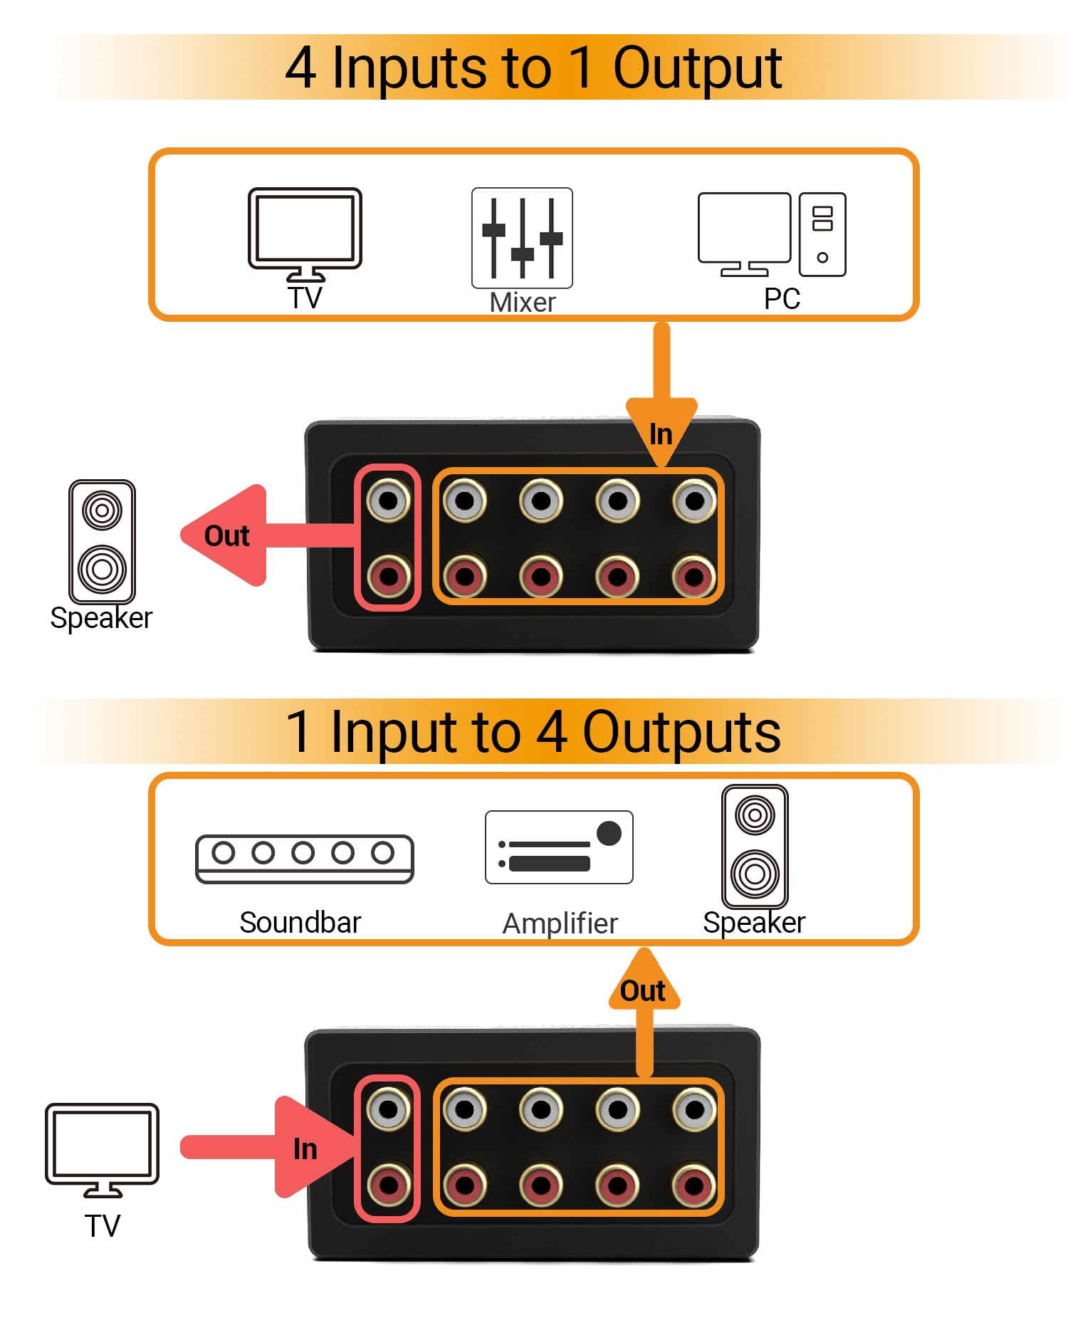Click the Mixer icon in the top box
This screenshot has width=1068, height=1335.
[522, 238]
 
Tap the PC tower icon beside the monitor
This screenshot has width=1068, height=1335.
[822, 234]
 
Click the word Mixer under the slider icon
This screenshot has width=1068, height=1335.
[522, 303]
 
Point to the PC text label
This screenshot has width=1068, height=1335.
[782, 299]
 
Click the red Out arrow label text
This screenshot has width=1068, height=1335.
[226, 536]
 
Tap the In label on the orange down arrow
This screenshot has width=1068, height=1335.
[661, 434]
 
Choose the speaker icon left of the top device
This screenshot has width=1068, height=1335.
[102, 541]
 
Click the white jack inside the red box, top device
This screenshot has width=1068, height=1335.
[388, 501]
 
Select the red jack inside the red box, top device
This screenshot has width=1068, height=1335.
[388, 575]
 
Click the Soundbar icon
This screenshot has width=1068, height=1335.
[305, 859]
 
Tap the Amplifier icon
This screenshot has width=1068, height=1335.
[559, 847]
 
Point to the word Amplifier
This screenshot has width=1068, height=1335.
[560, 923]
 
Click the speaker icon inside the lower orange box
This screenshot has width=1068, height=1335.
[755, 846]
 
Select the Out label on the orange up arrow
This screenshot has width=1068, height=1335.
[642, 991]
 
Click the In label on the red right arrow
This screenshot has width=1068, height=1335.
[305, 1148]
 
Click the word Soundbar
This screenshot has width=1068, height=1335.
[300, 922]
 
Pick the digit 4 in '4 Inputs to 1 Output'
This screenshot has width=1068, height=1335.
[300, 68]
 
